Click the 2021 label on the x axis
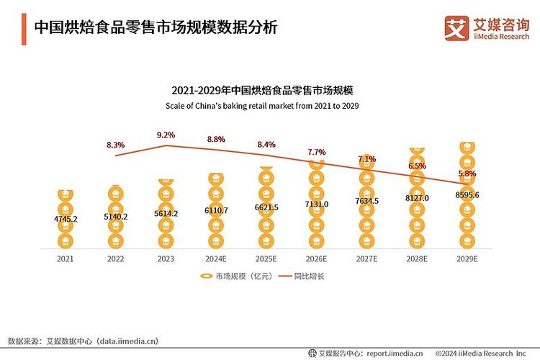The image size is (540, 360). click(66, 258)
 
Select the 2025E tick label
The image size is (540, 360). click(266, 258)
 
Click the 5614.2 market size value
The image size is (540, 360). click(166, 213)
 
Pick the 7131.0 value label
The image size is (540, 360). click(316, 204)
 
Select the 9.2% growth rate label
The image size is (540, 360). click(166, 135)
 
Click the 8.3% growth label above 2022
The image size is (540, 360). click(115, 145)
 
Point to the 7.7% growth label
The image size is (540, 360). click(316, 152)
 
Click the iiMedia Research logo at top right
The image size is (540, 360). click(487, 28)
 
